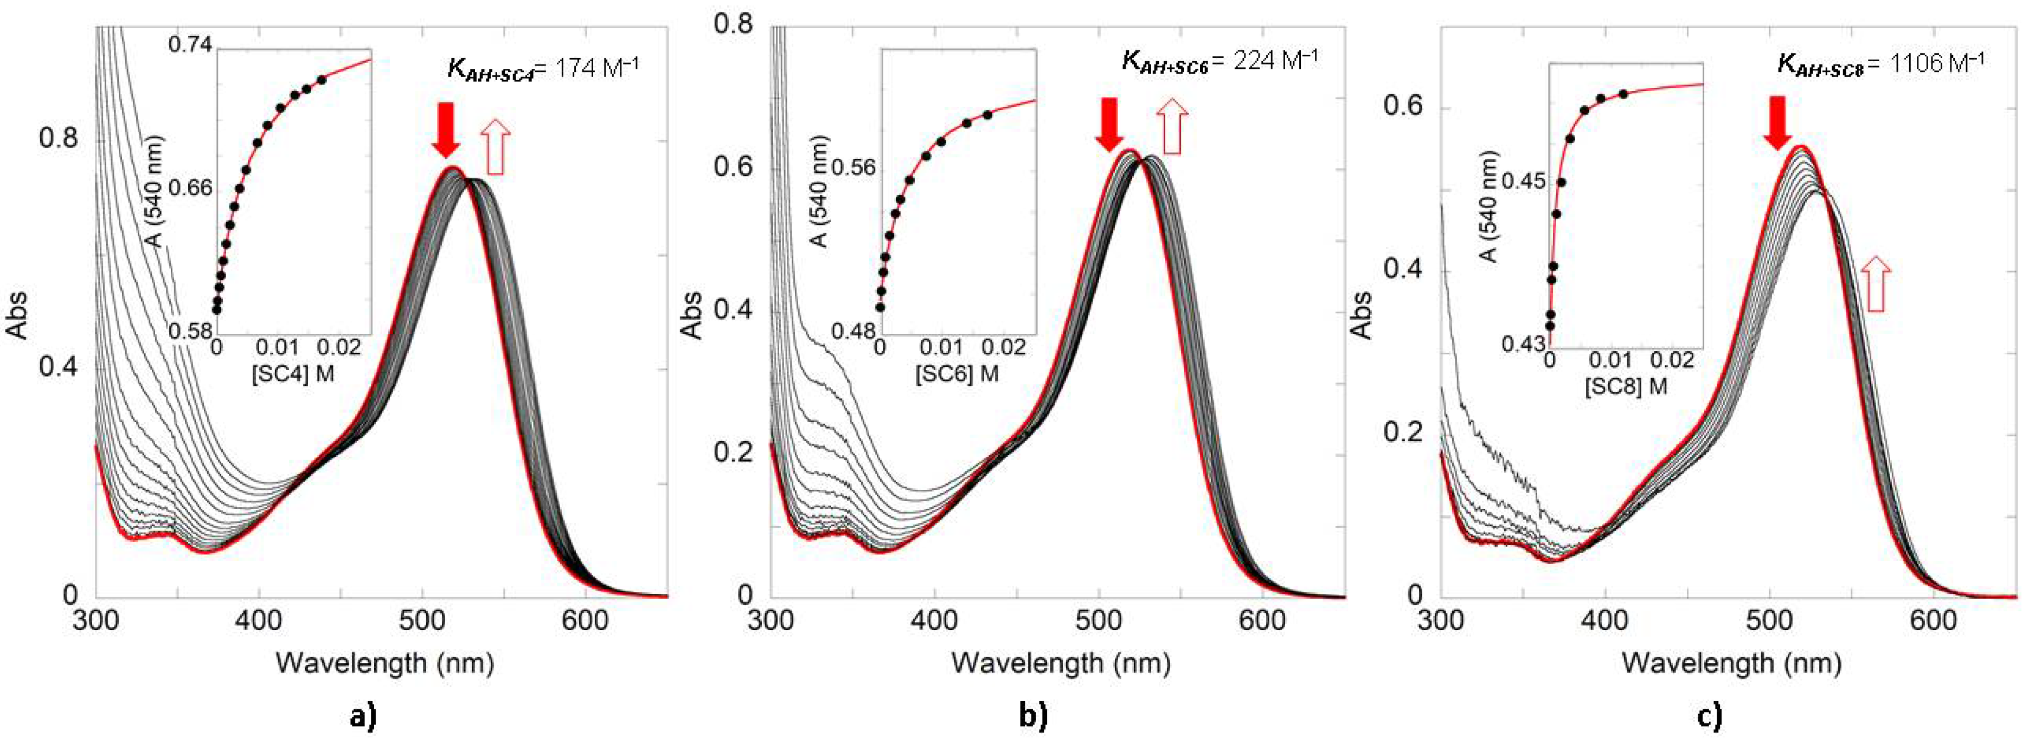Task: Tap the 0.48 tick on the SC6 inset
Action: click(855, 332)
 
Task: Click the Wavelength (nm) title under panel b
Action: click(1060, 663)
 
